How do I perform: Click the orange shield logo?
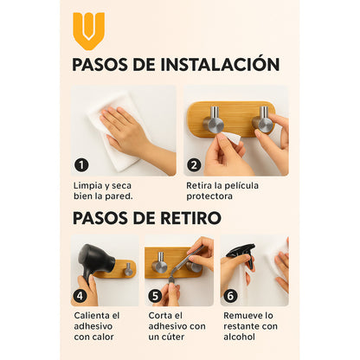(88, 30)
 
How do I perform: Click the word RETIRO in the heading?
(190, 218)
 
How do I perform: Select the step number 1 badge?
(81, 165)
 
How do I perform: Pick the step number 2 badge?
(194, 165)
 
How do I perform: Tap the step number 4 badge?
(80, 296)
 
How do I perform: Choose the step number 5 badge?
(155, 296)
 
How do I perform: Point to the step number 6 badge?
(230, 296)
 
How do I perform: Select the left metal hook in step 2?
(214, 121)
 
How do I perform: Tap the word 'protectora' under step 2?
(209, 196)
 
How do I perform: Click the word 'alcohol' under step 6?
(240, 337)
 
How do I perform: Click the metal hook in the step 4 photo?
(128, 269)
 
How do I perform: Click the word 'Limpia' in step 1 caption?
(88, 186)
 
